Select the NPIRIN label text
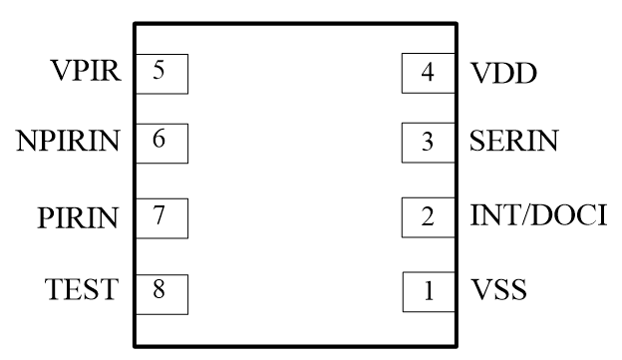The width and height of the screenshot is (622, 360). pyautogui.click(x=68, y=142)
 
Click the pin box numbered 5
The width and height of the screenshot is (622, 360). pyautogui.click(x=160, y=72)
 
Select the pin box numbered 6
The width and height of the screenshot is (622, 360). pyautogui.click(x=160, y=141)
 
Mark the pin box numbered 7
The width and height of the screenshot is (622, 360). pyautogui.click(x=160, y=215)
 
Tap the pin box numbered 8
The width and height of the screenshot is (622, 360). pyautogui.click(x=160, y=290)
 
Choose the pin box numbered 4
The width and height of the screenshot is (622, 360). pyautogui.click(x=428, y=73)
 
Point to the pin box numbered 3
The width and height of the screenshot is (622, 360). pyautogui.click(x=428, y=142)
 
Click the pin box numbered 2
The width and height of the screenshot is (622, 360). pyautogui.click(x=428, y=215)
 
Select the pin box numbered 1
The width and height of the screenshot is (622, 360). pyautogui.click(x=429, y=291)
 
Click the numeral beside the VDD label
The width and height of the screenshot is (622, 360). pyautogui.click(x=429, y=73)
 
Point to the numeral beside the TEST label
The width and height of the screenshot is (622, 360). pyautogui.click(x=159, y=290)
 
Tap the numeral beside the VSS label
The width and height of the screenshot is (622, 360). pyautogui.click(x=430, y=292)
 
